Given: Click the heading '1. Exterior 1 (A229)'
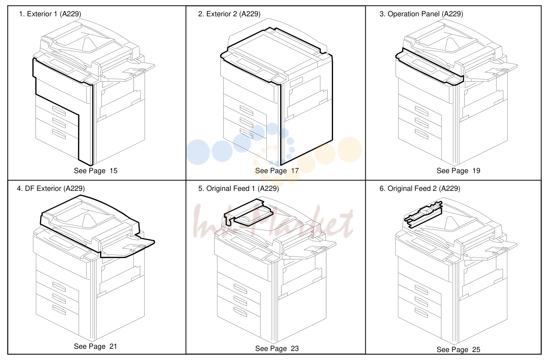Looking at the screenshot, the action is point(50,14).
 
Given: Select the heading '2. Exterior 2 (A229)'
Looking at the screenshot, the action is point(229,14).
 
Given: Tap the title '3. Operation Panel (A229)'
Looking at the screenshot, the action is point(421,14).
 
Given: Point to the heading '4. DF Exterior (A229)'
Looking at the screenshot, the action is point(51,188).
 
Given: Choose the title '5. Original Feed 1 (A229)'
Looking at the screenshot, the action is point(238,188).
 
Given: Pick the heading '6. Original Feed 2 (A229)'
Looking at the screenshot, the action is point(420,188).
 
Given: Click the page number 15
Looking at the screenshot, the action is point(113,171).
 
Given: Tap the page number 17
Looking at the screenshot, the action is point(295,171).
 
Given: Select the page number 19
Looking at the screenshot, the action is point(476,171).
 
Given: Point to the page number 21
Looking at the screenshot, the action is point(113,346).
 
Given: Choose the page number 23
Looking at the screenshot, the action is point(295,348).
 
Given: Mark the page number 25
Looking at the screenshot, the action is point(476,349).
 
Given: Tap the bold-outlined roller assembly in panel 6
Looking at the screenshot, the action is point(423,214).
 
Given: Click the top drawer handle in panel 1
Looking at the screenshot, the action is point(59,111).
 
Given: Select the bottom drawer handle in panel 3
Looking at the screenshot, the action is point(421,134).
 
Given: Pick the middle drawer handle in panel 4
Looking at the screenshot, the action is point(59,298).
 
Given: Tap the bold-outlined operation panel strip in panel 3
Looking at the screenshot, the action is point(429,67).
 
